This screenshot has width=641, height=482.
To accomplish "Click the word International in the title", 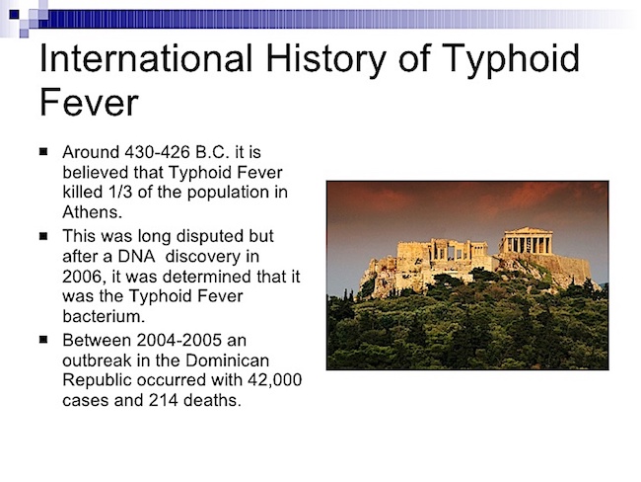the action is pyautogui.click(x=146, y=58).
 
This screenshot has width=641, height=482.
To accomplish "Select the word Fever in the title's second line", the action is pyautogui.click(x=89, y=102).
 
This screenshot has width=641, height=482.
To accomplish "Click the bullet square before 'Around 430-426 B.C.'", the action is pyautogui.click(x=43, y=152).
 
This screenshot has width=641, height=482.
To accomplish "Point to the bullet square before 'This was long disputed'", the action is pyautogui.click(x=43, y=236).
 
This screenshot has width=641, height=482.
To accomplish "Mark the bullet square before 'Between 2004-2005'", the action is pyautogui.click(x=43, y=340).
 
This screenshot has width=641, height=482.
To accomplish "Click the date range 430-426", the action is pyautogui.click(x=158, y=152).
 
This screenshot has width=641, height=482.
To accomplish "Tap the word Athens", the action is pyautogui.click(x=93, y=212).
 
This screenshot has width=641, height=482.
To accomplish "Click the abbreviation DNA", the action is pyautogui.click(x=136, y=257).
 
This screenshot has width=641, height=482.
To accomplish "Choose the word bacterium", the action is pyautogui.click(x=104, y=316).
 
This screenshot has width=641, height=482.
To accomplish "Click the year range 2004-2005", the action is pyautogui.click(x=179, y=340).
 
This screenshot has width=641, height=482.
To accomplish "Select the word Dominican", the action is pyautogui.click(x=227, y=361).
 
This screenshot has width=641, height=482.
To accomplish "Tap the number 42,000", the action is pyautogui.click(x=275, y=380).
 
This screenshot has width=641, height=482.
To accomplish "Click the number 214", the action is pyautogui.click(x=163, y=400).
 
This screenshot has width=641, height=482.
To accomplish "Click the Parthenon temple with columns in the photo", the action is pyautogui.click(x=527, y=241).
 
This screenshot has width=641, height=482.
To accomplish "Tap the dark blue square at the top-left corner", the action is pyautogui.click(x=14, y=15).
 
